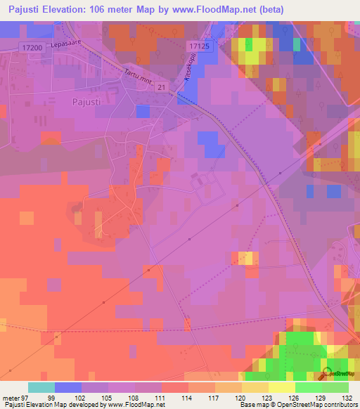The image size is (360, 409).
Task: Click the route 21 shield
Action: pyautogui.click(x=162, y=86)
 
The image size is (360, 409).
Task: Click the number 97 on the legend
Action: pyautogui.click(x=25, y=398)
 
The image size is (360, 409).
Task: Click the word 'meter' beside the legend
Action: pyautogui.click(x=11, y=398)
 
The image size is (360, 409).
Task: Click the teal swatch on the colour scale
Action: pyautogui.click(x=41, y=387)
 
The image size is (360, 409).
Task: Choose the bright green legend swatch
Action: pyautogui.click(x=309, y=387)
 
